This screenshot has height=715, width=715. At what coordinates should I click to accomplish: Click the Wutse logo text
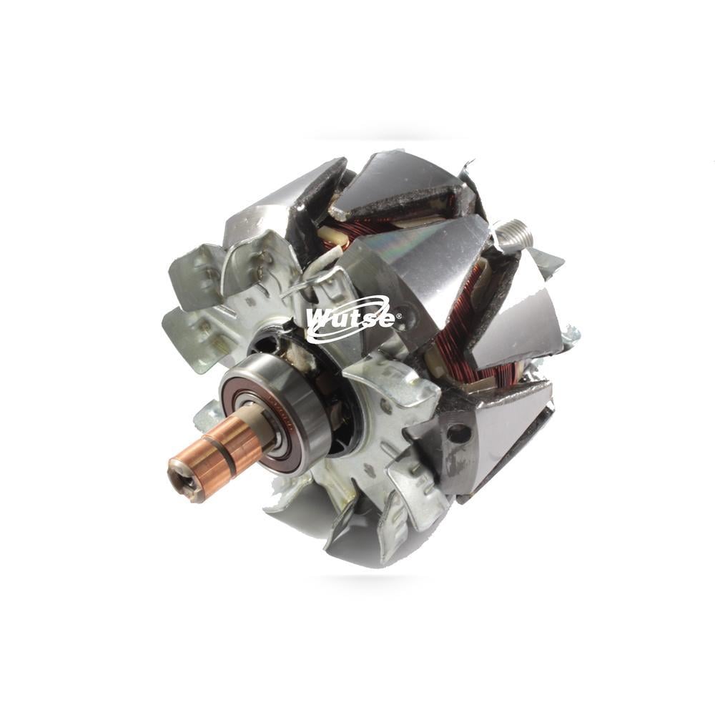[x=350, y=318]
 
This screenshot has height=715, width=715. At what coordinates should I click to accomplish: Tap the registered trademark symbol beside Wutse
[x=398, y=315]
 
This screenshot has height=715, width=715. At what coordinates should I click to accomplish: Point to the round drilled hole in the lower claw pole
[x=458, y=433]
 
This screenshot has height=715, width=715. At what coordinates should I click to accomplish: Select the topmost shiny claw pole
[x=400, y=179]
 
